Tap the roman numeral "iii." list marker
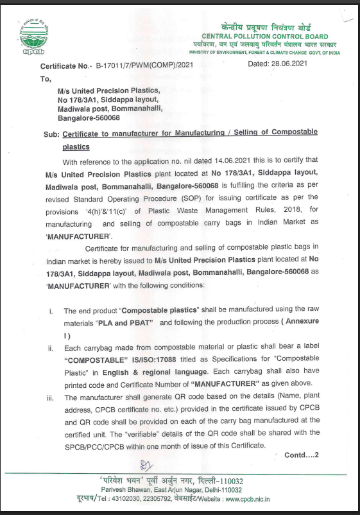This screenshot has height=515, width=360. point(51,398)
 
